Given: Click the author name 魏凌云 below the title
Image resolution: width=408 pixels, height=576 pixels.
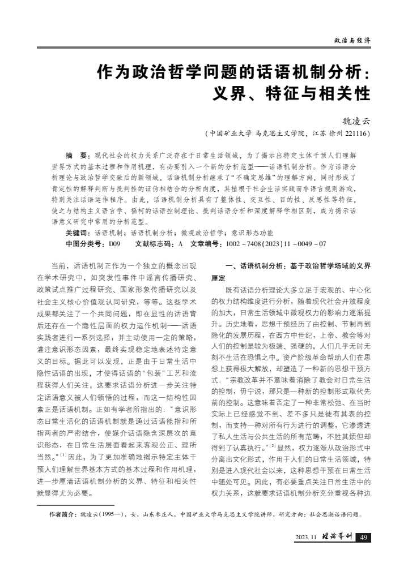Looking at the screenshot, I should click(356, 120).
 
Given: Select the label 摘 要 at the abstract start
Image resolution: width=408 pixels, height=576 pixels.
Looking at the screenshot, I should click(78, 155).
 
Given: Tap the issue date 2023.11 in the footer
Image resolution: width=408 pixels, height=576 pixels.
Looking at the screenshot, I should click(307, 538).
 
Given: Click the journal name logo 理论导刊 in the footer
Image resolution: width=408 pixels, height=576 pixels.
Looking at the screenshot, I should click(338, 537).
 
